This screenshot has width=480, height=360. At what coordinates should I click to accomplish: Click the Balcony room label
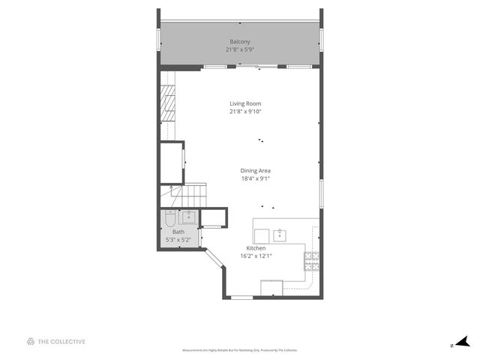point(240,41)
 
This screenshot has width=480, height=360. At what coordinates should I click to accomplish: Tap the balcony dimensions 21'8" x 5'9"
point(240,49)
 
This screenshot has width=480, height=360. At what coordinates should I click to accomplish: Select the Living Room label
point(245,103)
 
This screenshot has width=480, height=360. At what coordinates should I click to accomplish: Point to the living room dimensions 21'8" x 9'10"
point(245,112)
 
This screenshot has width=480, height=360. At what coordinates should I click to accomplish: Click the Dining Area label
point(256,170)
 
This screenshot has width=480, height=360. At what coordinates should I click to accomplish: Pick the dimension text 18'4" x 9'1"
point(256,178)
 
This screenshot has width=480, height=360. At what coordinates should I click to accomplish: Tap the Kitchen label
point(256,247)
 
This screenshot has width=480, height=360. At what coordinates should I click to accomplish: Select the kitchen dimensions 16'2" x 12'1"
point(256,256)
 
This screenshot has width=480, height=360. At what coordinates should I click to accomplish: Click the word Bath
point(178,232)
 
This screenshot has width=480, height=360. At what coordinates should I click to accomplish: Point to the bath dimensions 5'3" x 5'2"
point(178,240)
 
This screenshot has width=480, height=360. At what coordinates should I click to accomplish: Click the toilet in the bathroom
point(169,218)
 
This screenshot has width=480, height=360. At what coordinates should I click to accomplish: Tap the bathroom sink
point(187,217)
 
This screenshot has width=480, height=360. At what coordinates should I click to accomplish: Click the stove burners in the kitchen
point(310,261)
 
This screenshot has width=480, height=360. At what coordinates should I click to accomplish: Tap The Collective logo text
point(56,342)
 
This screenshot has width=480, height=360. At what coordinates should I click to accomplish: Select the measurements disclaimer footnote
point(240,350)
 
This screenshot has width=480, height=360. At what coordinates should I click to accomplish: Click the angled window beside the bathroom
point(213,259)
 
